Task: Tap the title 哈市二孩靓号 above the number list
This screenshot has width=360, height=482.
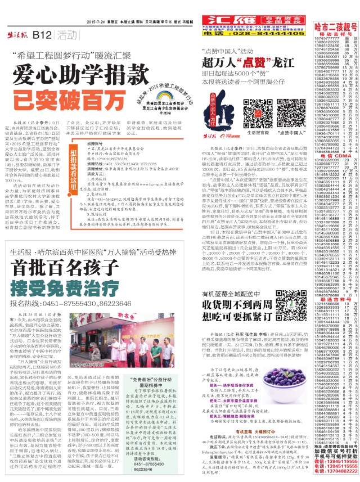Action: point(344,26)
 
